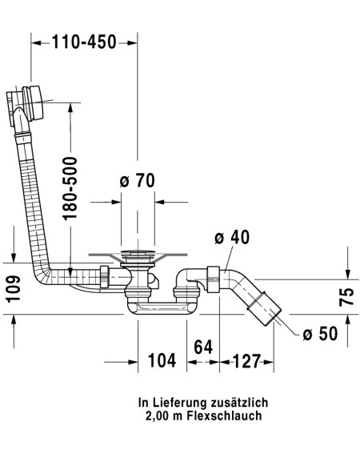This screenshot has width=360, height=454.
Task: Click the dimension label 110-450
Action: (84, 42)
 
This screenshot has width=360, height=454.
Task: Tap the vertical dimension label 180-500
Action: (70, 188)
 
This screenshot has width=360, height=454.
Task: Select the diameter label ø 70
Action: (137, 180)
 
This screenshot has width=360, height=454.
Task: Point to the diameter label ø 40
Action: (232, 238)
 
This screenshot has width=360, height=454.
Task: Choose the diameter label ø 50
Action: (320, 333)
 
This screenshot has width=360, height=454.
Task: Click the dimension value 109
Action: (14, 289)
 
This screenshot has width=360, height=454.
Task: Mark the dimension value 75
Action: (346, 297)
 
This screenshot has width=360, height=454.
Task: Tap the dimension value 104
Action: (162, 360)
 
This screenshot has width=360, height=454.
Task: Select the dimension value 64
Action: (203, 347)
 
